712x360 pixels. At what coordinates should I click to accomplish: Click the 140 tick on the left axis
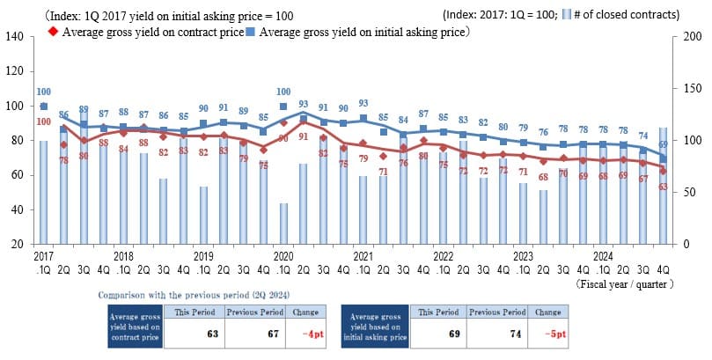click(15, 36)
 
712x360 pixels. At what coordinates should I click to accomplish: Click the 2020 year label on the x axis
click(283, 255)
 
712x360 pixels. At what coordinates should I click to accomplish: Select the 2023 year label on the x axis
click(523, 255)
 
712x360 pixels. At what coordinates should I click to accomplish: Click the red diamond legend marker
click(54, 32)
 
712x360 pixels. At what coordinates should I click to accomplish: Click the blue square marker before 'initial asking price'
click(253, 32)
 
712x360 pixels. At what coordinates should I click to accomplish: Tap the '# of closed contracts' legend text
click(633, 15)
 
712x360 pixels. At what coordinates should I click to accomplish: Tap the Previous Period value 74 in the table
click(496, 334)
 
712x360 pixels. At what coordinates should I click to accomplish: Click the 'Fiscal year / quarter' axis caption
click(625, 284)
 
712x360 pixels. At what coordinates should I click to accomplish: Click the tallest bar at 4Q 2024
click(663, 186)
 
